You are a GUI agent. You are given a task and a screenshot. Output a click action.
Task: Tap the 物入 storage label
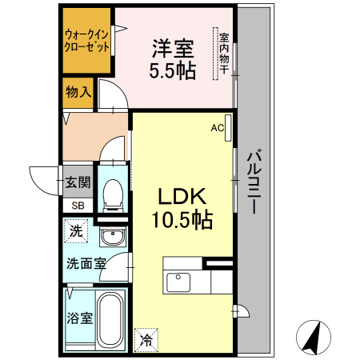78,92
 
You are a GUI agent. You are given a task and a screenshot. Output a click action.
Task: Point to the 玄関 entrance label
78,182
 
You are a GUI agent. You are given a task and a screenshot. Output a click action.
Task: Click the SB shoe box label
78,206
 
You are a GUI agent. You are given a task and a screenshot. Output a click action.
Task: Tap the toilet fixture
113,193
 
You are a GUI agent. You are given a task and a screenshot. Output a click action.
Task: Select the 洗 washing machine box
75,232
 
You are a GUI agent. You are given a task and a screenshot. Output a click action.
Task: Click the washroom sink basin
113,238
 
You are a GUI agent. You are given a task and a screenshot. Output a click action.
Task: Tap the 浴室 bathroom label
78,318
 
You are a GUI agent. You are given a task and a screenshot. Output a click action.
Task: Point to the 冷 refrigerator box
146,339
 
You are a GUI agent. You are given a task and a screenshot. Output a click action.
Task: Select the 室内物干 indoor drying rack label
224,54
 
